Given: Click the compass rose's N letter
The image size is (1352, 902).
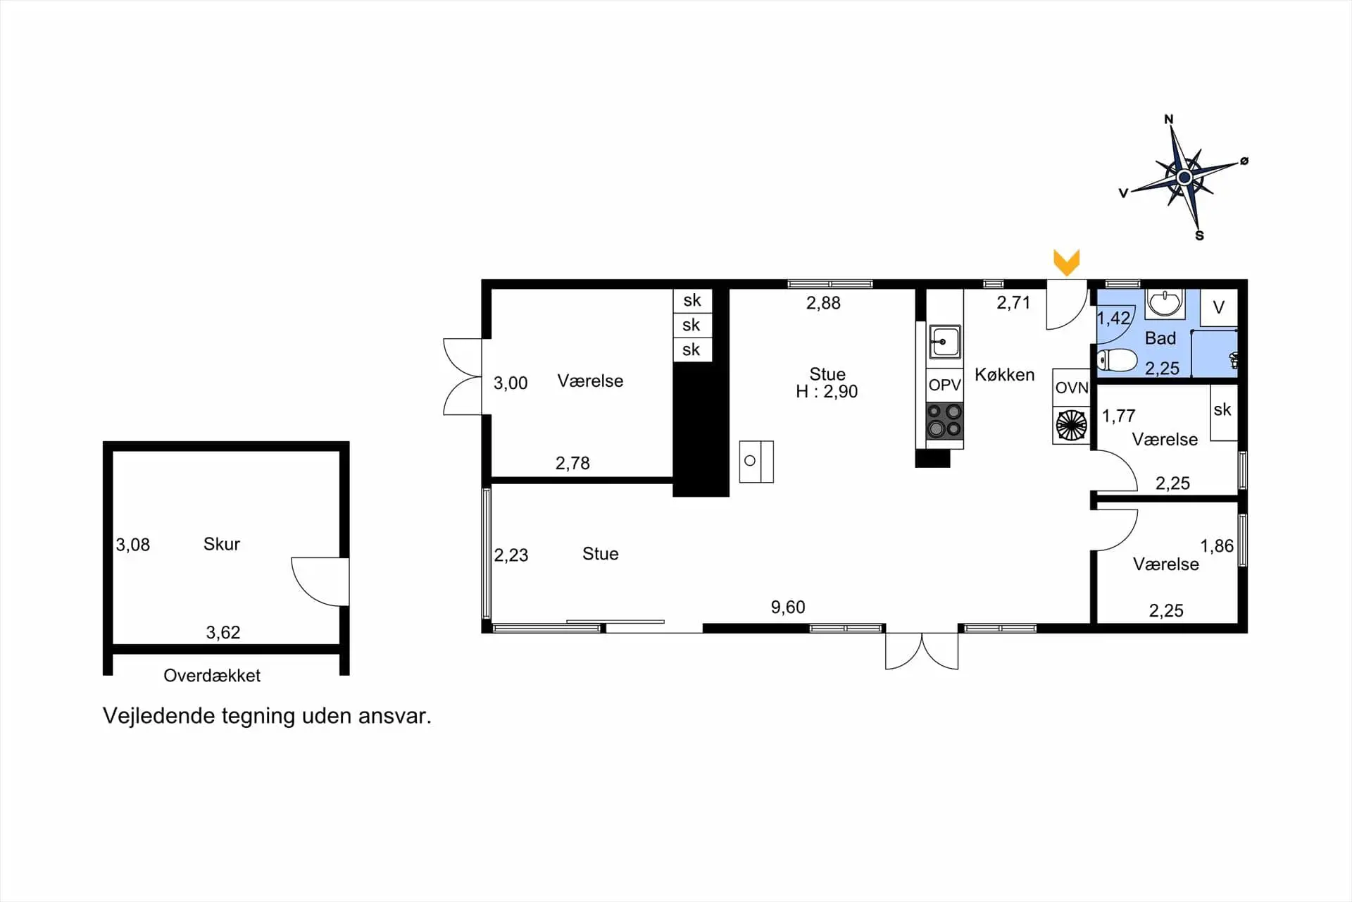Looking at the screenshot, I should pos(1169,119).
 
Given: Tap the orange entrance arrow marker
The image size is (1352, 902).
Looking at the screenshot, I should pos(1066,262).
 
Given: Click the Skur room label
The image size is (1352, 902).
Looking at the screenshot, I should pos(221,544).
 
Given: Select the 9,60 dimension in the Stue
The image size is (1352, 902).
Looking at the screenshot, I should pos(787,607).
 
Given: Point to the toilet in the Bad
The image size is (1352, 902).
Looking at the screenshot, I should pos(1117,360).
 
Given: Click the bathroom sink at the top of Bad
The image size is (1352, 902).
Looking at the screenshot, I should pos(1164,304).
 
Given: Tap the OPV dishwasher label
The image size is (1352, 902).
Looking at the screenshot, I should pos(944,385).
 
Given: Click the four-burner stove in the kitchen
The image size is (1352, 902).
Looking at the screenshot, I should pos(944,420).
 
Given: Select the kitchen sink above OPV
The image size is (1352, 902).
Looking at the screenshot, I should pos(944,342).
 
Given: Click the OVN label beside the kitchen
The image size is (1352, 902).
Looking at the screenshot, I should pos(1071,388).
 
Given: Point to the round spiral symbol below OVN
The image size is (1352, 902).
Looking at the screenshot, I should pos(1071,425).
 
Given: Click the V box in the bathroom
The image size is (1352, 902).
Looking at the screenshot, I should pos(1219,307).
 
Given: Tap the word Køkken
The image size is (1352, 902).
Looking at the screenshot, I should pos(1004,375).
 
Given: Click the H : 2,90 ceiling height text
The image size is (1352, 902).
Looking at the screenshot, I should pos(827,392).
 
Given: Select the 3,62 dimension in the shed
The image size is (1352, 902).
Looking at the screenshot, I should pos(223,632).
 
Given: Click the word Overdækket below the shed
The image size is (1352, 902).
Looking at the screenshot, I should pos(212,676).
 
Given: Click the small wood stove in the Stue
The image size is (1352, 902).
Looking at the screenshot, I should pos(756,462).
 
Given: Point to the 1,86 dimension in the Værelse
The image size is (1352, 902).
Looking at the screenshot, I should pos(1216,545).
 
